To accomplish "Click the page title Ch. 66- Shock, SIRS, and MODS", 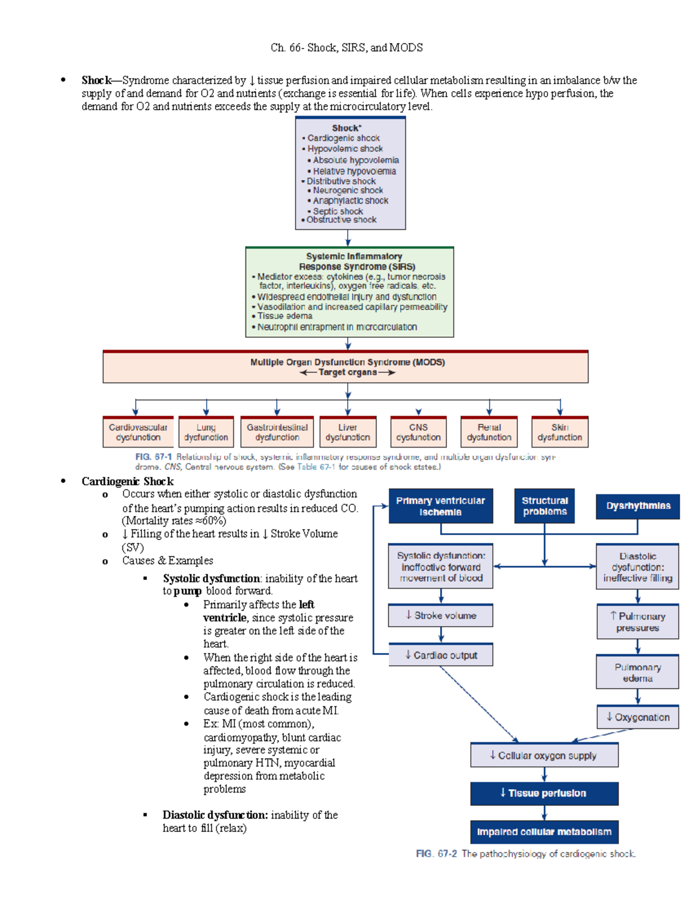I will (346, 48).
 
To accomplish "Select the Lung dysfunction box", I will (206, 432).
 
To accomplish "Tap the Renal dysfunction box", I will (489, 432).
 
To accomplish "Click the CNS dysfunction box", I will (418, 432).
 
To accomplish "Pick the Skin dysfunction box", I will (560, 432).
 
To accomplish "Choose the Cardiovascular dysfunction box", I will (138, 432).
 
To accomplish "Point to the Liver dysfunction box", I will (348, 432).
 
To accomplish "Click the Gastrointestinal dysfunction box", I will (277, 432).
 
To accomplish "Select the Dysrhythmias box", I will (638, 506).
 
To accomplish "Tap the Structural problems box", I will (545, 506).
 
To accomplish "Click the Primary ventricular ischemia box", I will (441, 506).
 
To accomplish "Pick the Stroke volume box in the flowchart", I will (441, 616).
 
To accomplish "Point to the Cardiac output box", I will (441, 655).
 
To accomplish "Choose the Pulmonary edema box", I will (638, 672).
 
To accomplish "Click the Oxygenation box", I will (638, 717).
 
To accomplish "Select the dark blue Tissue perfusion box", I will (544, 794).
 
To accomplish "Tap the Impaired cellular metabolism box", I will (544, 832).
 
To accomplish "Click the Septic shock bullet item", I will (338, 211).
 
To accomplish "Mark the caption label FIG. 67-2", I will (436, 854).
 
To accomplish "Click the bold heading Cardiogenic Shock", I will (128, 482).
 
